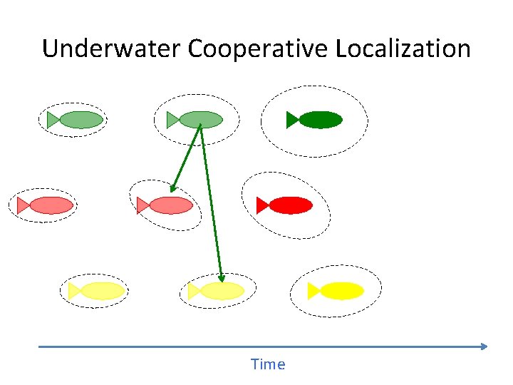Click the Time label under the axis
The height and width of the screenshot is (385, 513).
pos(268,364)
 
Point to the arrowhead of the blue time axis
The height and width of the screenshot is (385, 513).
pos(484,346)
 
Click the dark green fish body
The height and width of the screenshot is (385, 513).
pos(321,120)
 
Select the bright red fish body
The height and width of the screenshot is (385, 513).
pos(291,205)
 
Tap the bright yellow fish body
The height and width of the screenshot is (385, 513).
pos(342,291)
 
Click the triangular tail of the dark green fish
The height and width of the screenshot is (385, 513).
pos(292,120)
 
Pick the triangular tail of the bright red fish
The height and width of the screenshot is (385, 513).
pos(262,205)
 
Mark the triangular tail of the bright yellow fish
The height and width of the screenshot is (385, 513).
pos(313,291)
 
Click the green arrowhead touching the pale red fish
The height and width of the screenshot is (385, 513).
pos(173,189)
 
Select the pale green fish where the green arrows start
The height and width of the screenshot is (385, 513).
pos(201,120)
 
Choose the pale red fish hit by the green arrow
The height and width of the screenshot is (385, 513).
pos(171,205)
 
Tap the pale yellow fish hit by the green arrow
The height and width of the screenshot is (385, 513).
pos(222,291)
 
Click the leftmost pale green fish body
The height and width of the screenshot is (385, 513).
pos(81,120)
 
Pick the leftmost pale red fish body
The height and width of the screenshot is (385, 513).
pos(51,205)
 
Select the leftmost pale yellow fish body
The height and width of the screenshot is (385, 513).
pos(103,291)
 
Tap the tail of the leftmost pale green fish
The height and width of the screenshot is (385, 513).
pos(53,120)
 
